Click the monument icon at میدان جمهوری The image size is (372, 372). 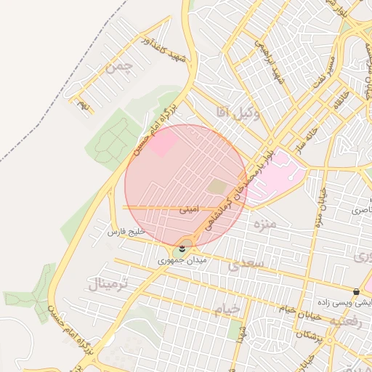(x=182, y=249)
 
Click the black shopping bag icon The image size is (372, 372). (x=355, y=291)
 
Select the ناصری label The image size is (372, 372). (x=360, y=210)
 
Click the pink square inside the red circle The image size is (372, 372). (x=163, y=142)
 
